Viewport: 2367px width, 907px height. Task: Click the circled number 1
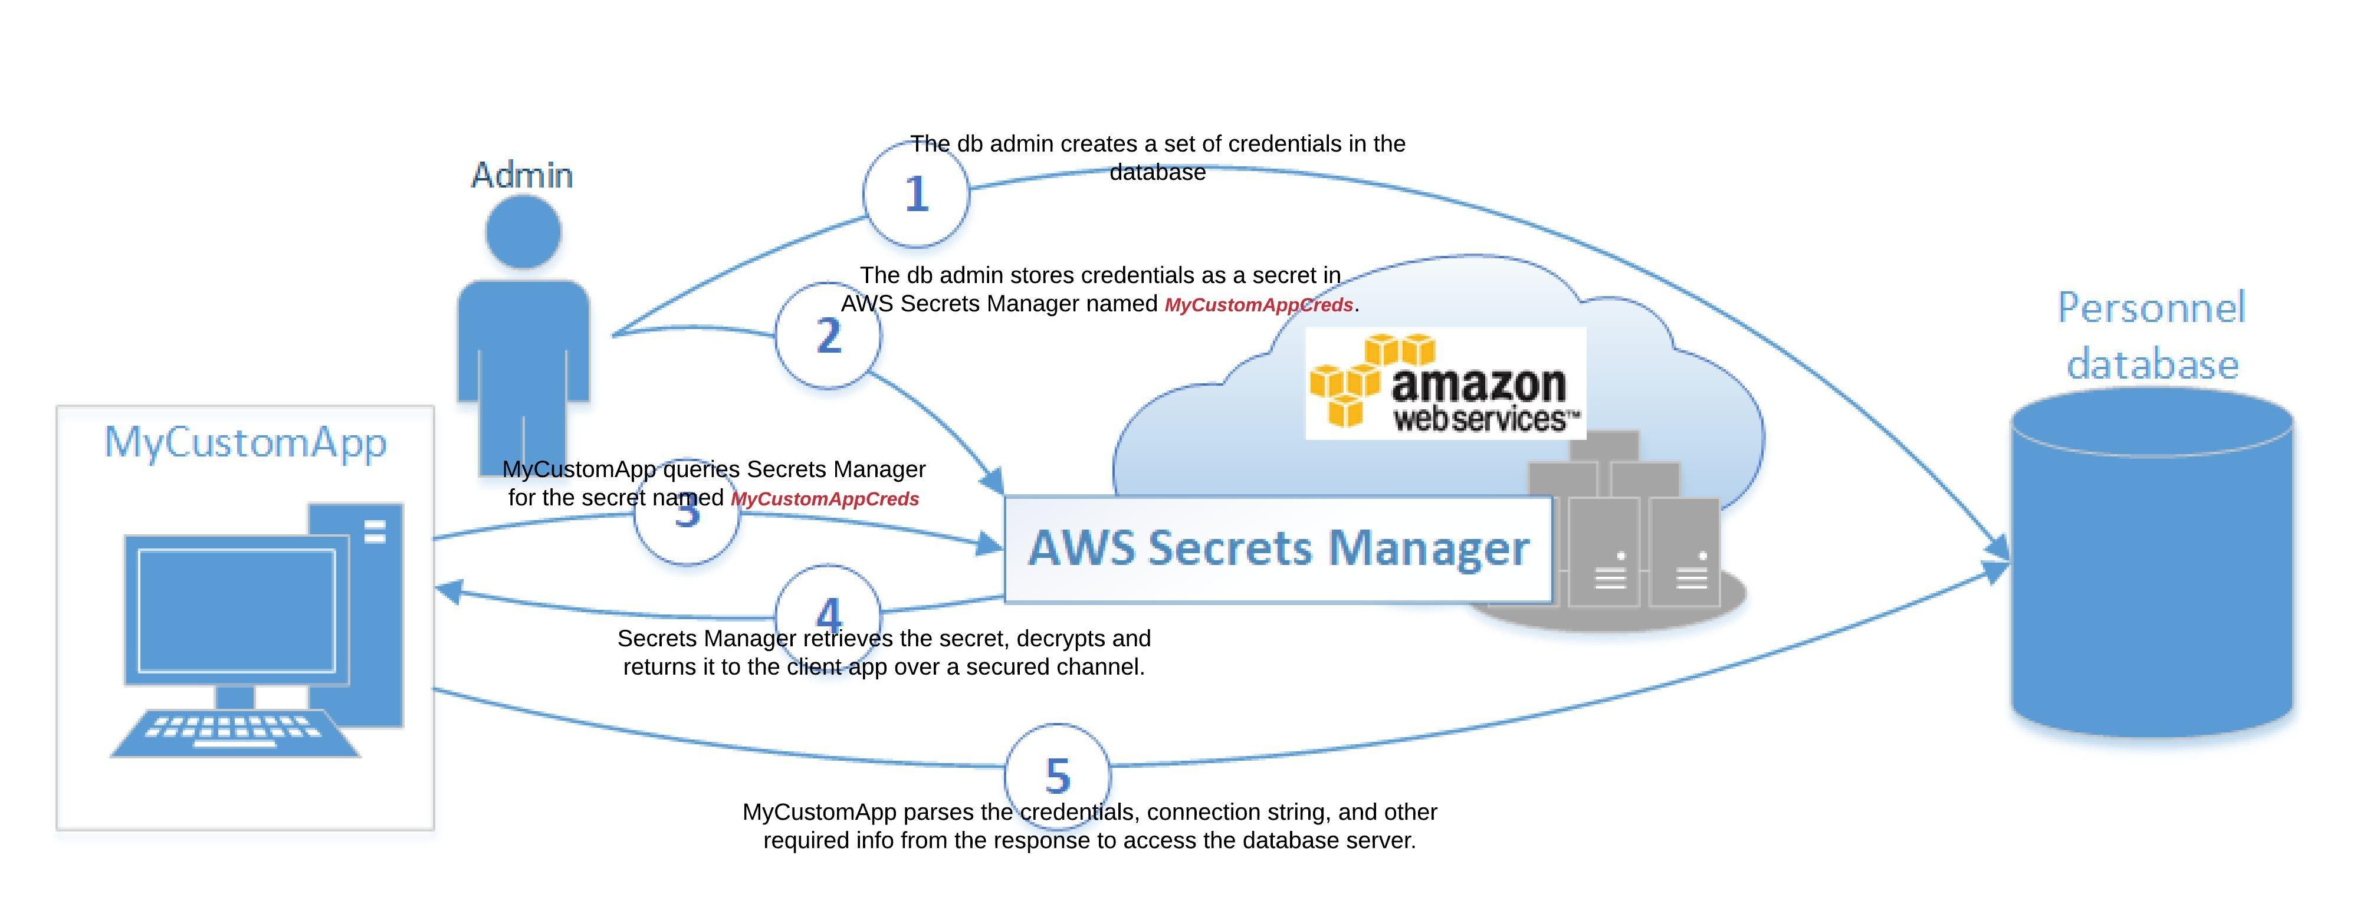coord(916,194)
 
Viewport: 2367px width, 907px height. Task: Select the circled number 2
coord(828,336)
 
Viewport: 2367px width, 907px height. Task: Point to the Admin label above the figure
coord(522,175)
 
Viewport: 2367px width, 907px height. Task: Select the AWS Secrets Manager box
coord(1277,548)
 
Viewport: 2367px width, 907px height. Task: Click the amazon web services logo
coord(1445,384)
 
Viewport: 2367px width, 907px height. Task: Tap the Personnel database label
coord(2151,336)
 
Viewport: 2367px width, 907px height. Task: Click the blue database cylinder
coord(2151,570)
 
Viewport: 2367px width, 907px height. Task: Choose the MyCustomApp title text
coord(245,442)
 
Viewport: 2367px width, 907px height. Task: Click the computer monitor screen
coord(236,610)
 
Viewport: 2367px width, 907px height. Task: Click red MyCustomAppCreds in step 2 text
coord(1258,305)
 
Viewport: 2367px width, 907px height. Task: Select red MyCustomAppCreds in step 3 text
coord(824,499)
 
